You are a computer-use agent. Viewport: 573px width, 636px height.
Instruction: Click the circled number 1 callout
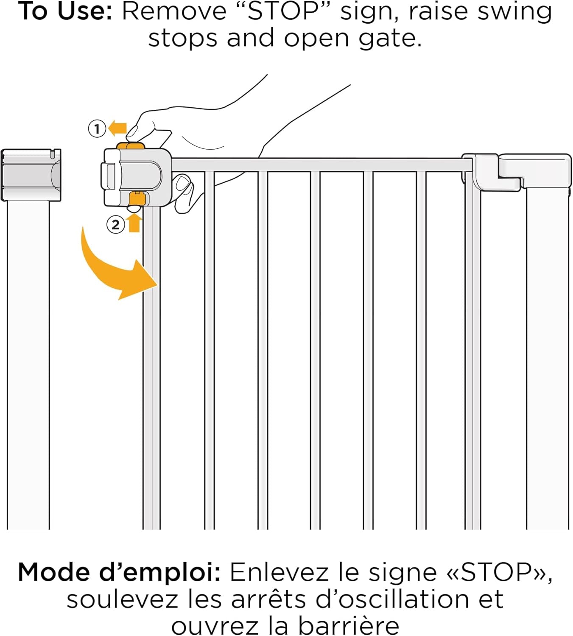click(x=97, y=129)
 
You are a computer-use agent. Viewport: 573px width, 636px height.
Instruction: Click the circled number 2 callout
click(x=115, y=224)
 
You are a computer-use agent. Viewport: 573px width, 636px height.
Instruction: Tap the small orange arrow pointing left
click(x=117, y=129)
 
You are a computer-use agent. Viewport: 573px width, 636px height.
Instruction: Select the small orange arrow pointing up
click(x=134, y=223)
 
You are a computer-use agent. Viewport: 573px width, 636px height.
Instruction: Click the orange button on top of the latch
click(x=130, y=145)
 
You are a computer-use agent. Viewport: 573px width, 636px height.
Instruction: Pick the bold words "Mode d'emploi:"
click(x=119, y=573)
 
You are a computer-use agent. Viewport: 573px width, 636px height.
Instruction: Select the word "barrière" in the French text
click(x=349, y=626)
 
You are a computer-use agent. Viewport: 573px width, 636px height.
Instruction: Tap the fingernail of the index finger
click(x=132, y=130)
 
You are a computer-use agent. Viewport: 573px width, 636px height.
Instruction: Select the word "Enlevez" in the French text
click(x=279, y=572)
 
